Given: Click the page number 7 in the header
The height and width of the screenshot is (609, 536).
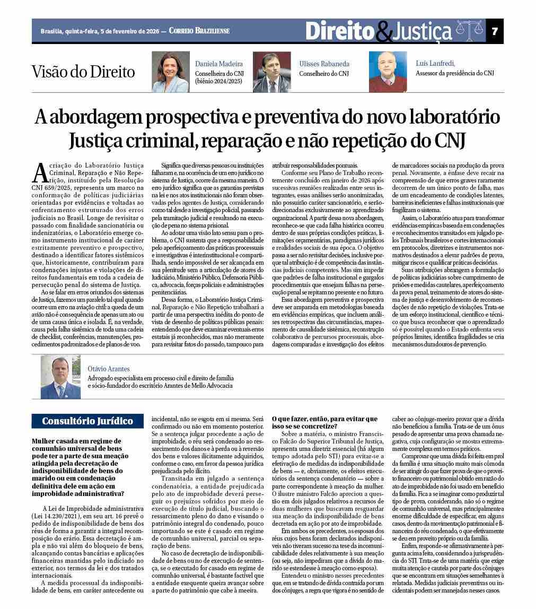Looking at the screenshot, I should [495, 31].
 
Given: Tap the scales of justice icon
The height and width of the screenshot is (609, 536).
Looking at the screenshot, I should [470, 31].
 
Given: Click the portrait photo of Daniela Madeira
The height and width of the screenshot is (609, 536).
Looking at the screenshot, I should [170, 72].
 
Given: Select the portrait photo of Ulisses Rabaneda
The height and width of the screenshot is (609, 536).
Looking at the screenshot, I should [271, 72].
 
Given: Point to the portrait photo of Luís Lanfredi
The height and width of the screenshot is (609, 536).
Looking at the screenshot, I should [388, 72].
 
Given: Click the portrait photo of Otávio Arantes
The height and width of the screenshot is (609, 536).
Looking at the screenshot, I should [61, 377].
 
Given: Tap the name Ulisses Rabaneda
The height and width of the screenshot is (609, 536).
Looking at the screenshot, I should [324, 64].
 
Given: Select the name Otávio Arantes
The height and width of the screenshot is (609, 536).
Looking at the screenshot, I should [109, 369].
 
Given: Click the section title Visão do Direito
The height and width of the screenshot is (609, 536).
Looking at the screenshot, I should [83, 72].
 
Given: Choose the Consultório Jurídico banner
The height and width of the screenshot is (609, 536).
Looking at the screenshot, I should [87, 421].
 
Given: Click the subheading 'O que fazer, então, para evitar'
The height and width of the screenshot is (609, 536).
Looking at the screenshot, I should [324, 419].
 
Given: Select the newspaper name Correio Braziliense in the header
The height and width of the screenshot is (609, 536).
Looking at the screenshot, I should [199, 31].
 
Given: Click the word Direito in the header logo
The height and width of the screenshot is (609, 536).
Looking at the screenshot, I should [339, 31].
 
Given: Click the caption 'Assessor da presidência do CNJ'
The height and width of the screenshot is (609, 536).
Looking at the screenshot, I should [454, 74].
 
